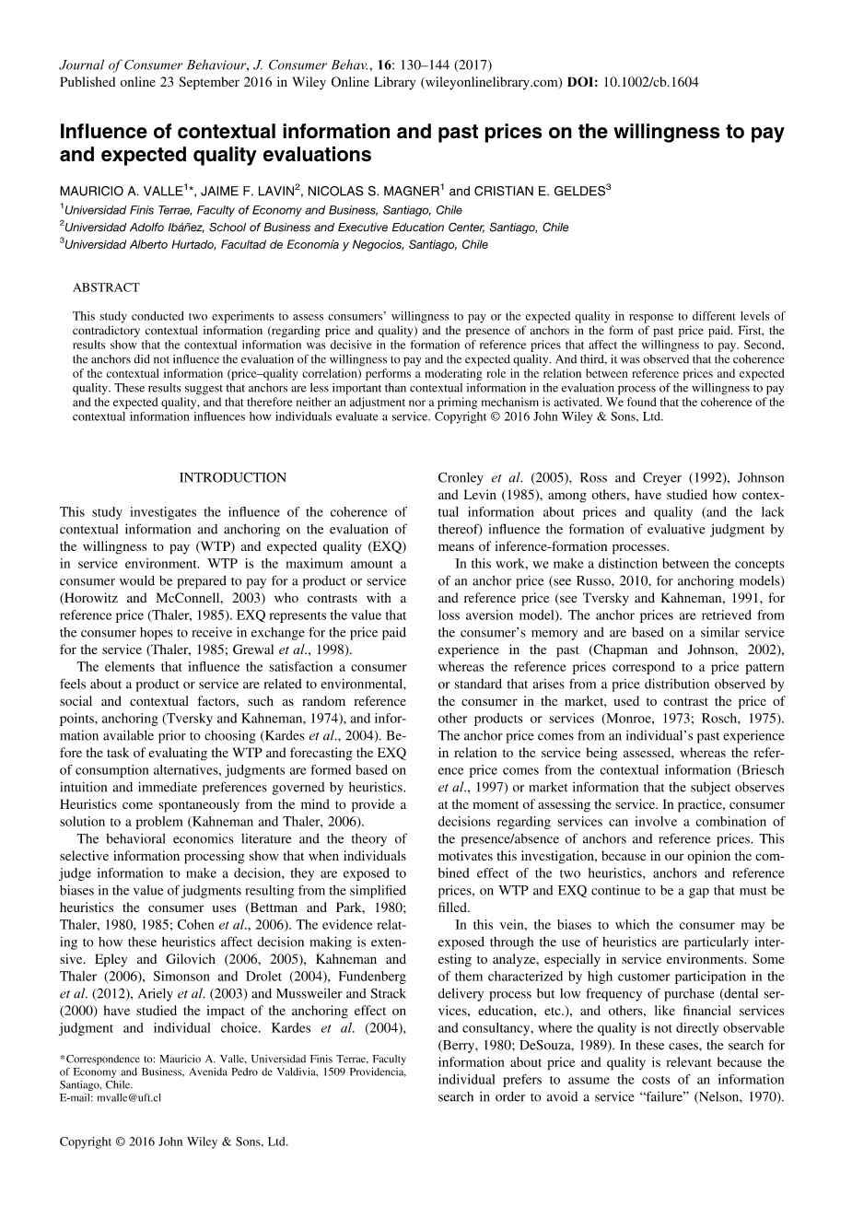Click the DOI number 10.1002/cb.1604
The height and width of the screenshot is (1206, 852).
pyautogui.click(x=650, y=82)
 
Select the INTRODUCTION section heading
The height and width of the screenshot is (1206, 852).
pyautogui.click(x=232, y=477)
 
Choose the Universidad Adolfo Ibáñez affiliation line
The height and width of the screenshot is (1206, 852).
pyautogui.click(x=316, y=227)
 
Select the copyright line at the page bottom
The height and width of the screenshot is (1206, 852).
pyautogui.click(x=174, y=1141)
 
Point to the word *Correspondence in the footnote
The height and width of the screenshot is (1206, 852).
pyautogui.click(x=96, y=1060)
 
